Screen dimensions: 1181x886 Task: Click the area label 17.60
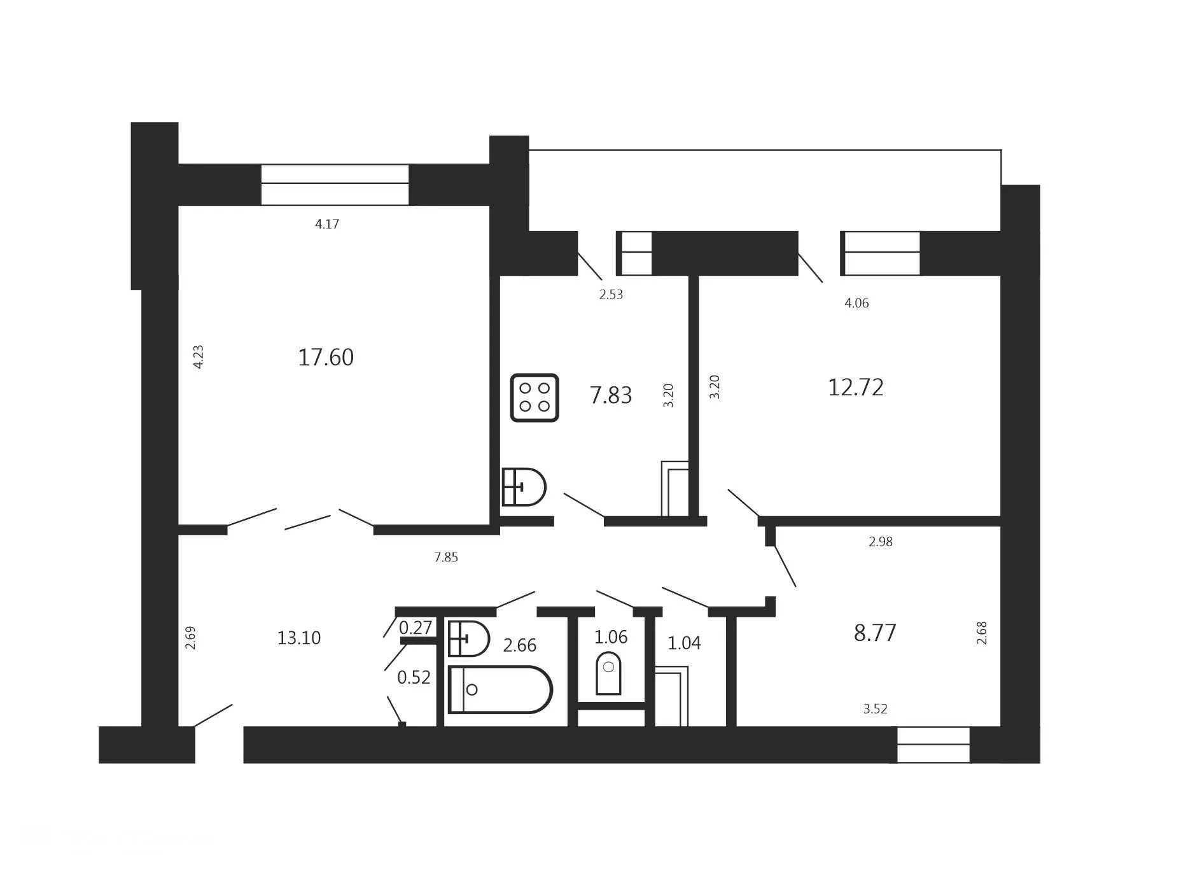pos(325,357)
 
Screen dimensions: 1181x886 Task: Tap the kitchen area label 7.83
pos(611,395)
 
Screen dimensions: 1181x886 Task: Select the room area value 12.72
pos(855,387)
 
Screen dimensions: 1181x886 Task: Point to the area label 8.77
pos(875,633)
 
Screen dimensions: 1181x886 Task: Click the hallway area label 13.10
pos(298,638)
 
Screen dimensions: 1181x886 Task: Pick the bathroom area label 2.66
pos(519,645)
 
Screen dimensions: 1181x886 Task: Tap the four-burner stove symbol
pos(535,397)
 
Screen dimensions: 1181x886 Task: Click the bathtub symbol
pos(500,689)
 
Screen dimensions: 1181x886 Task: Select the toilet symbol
pos(608,673)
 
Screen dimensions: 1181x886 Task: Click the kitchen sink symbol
pos(524,487)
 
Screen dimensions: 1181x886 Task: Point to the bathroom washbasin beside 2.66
pos(468,638)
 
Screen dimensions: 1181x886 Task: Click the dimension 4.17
pos(327,224)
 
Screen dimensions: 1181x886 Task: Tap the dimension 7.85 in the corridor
pos(446,558)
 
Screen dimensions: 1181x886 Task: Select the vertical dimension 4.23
pos(198,356)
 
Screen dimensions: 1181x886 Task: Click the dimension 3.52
pos(875,709)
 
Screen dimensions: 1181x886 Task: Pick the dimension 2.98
pos(881,542)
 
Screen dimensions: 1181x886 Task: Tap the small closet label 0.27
pos(416,628)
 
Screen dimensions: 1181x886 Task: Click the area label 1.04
pos(684,643)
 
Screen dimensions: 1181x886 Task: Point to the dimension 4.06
pos(856,303)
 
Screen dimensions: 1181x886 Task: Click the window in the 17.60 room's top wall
pos(335,185)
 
